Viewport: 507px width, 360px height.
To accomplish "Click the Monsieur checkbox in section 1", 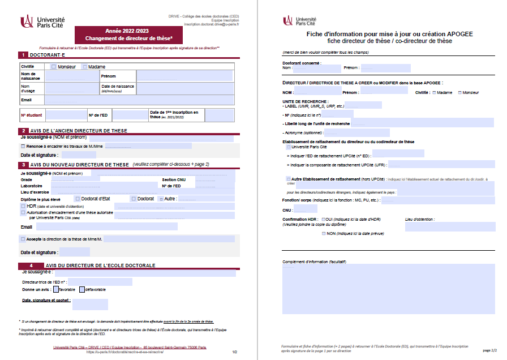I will click(53, 67).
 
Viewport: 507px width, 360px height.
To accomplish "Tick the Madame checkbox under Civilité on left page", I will click(85, 67).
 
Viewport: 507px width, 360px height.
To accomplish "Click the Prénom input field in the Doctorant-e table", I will click(184, 76).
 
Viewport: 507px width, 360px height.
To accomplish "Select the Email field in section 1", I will click(139, 100).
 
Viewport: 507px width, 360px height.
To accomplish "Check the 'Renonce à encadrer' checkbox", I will click(23, 146).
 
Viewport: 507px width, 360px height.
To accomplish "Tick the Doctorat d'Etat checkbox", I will click(77, 199).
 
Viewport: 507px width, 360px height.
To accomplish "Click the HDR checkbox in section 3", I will click(23, 206).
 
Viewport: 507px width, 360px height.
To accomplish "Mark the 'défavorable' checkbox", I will click(82, 289).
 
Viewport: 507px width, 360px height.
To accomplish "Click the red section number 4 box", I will click(32, 265).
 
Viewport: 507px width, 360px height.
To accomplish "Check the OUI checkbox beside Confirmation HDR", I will click(323, 218).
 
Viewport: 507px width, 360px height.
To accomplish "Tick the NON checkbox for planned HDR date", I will click(324, 233).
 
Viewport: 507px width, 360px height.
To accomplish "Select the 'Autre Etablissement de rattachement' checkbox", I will click(289, 179).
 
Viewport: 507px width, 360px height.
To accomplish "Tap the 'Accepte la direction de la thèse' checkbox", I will click(23, 239).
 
